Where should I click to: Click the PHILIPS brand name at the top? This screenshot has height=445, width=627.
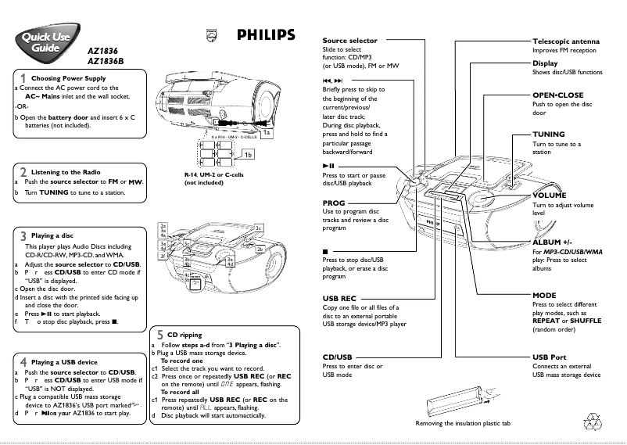pos(266,34)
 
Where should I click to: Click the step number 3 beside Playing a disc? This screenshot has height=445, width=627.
pos(23,235)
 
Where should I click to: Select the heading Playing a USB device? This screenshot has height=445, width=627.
pos(64,362)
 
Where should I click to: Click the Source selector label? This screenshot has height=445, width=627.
pos(349,41)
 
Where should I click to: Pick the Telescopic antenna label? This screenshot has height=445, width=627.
pos(565,41)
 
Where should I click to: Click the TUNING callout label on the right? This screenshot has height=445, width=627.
pos(548,135)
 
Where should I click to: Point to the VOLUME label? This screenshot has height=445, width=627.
pos(550,194)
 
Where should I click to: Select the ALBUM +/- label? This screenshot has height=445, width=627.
pos(552,243)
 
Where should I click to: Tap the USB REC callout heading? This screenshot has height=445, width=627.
pos(339,298)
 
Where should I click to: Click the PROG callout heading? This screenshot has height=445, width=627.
pos(333,202)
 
